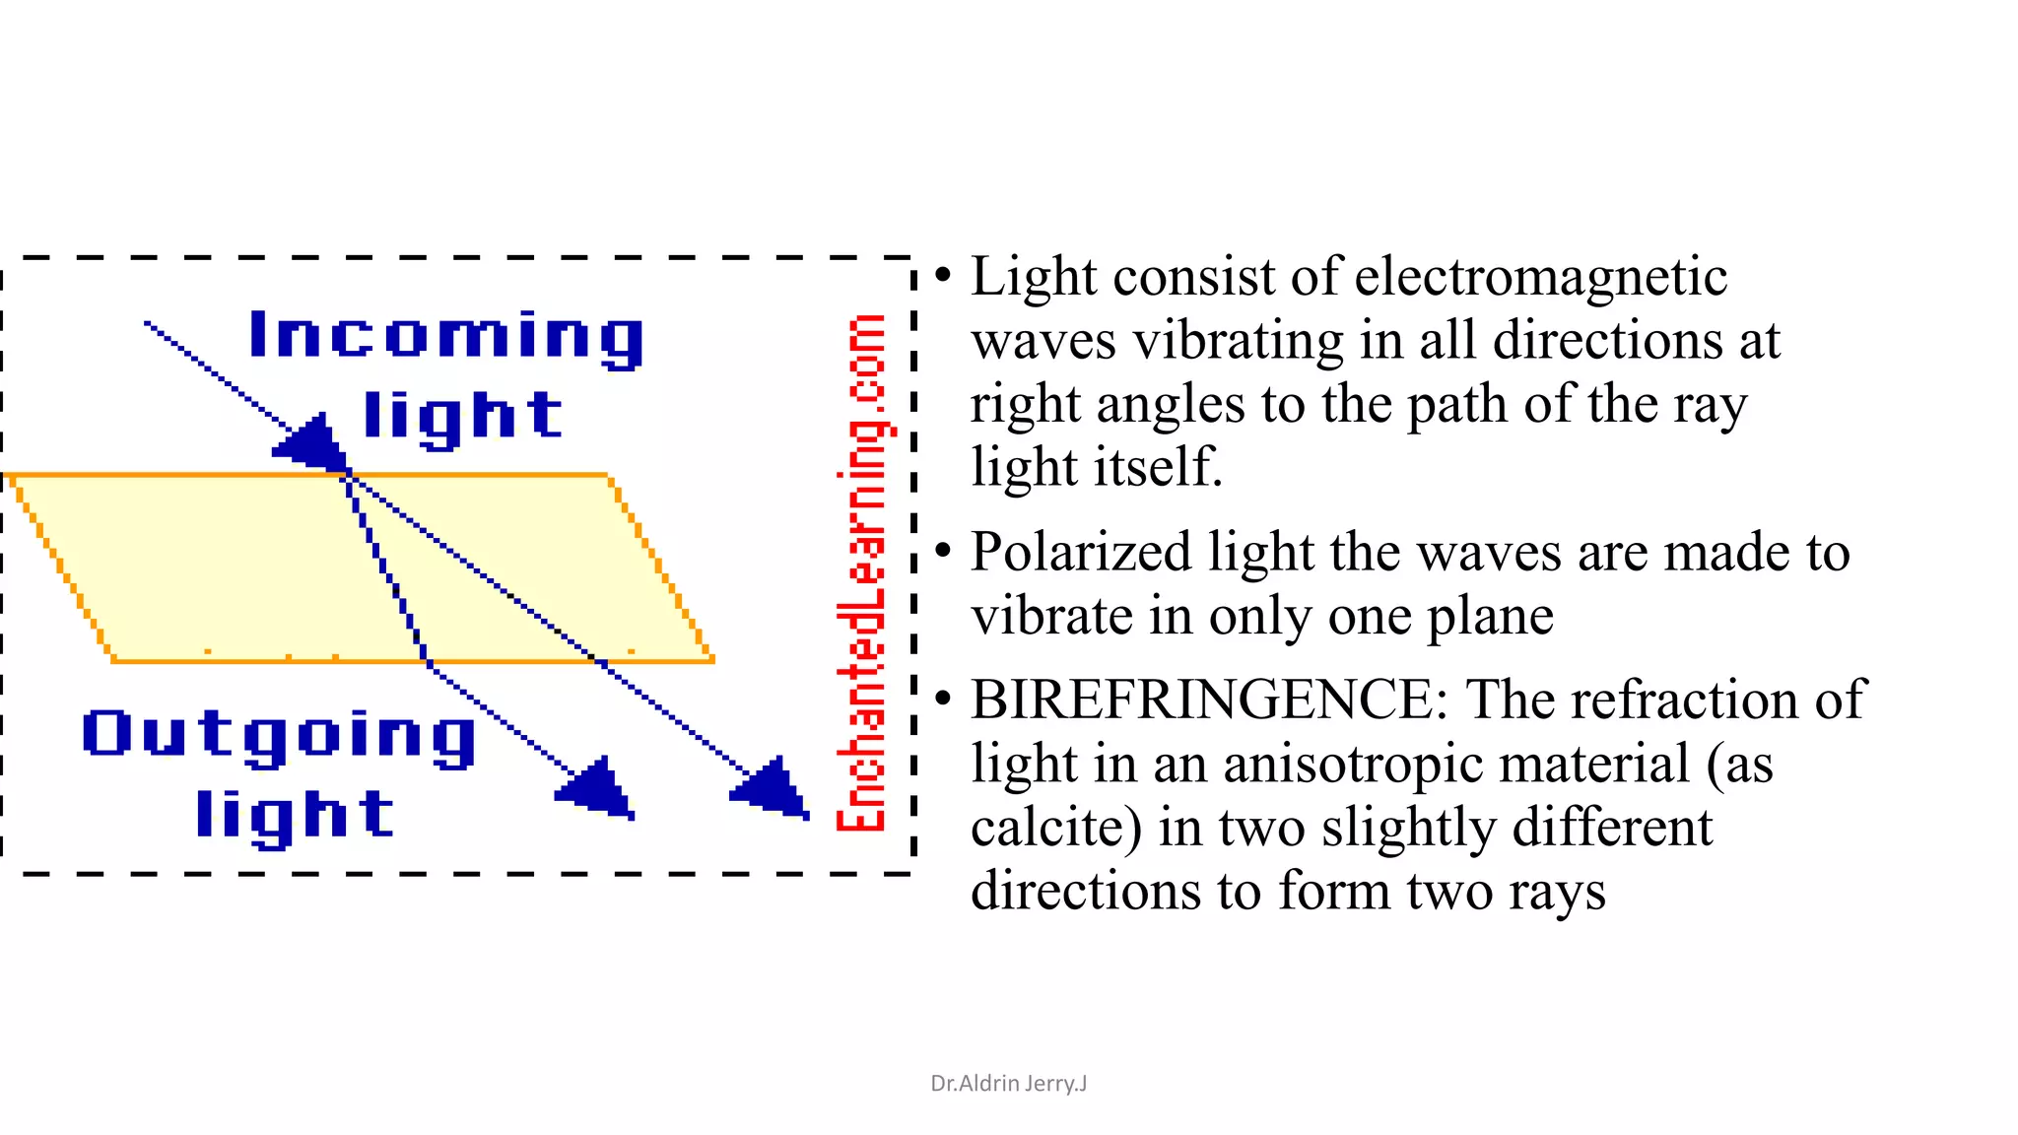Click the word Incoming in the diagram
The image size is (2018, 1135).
[445, 337]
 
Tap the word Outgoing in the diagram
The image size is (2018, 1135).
[279, 735]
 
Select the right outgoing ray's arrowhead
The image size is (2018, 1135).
[773, 787]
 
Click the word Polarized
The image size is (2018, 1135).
[1081, 552]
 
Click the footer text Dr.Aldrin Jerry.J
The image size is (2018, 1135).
[1008, 1084]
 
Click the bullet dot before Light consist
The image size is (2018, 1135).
[943, 276]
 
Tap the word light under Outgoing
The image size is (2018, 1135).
[295, 815]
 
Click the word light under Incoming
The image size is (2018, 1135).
[462, 416]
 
